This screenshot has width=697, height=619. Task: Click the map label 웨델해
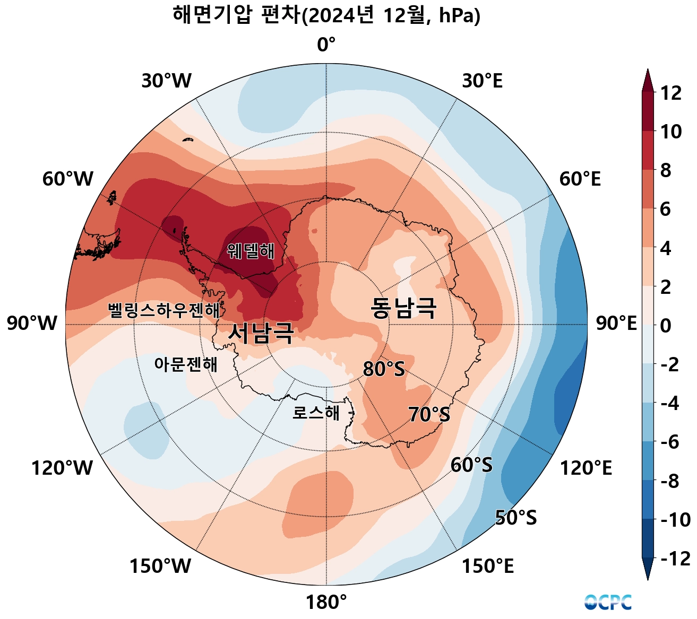pos(251,251)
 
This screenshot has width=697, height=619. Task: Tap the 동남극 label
pos(403,308)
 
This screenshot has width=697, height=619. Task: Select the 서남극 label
pos(261,333)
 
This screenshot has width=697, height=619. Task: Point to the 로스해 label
pos(316,413)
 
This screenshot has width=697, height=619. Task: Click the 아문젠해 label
pos(186,364)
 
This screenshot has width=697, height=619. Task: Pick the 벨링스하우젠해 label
pos(164,310)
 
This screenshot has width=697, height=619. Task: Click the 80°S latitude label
pos(383,369)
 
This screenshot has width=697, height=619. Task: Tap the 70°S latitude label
pos(429,414)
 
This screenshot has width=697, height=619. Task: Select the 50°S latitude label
pos(515,517)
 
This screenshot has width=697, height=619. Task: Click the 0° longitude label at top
pos(326,45)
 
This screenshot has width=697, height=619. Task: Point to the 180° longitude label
pos(326,603)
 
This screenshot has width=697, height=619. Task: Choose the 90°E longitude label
pos(616,324)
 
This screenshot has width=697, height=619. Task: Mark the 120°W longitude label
pos(62,468)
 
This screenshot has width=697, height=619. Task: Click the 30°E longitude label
pos(482,81)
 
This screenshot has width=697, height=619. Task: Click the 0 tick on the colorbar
pos(665,326)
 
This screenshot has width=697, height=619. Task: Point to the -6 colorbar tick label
pos(670,442)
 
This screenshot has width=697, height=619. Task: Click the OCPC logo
pos(608,602)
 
